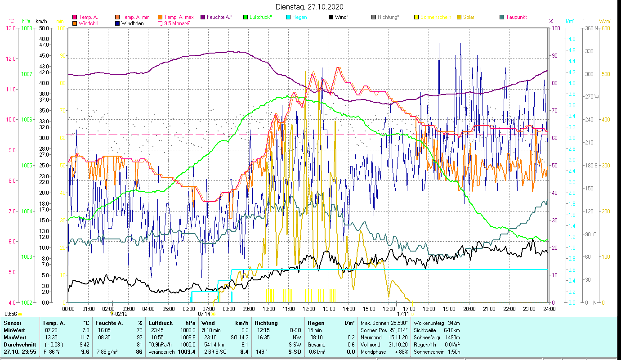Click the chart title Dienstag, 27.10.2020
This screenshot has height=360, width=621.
tap(310, 7)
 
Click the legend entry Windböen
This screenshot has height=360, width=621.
tap(132, 23)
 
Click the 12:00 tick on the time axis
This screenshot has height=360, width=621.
tap(309, 309)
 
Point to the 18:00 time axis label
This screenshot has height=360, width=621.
tap(429, 309)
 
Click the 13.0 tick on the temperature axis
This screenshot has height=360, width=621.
tap(10, 28)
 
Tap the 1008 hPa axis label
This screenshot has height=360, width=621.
tap(27, 28)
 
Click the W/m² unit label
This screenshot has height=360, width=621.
tap(605, 21)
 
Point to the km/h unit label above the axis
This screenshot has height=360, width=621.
tap(41, 21)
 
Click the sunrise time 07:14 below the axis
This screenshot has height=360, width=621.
tap(204, 314)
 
